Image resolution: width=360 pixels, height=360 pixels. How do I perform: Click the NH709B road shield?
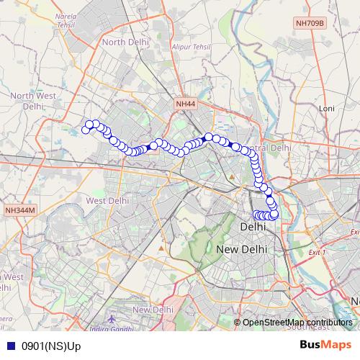pyautogui.click(x=310, y=24)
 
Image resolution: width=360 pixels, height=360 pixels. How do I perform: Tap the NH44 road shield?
pyautogui.click(x=185, y=104)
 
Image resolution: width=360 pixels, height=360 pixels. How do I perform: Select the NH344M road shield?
pyautogui.click(x=19, y=210)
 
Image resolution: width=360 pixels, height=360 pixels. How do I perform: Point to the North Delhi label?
pyautogui.click(x=125, y=42)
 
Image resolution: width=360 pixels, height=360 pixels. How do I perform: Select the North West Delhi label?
pyautogui.click(x=27, y=101)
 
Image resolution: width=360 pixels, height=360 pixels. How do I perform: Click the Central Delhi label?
pyautogui.click(x=276, y=147)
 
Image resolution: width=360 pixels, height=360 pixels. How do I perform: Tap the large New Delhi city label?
pyautogui.click(x=242, y=248)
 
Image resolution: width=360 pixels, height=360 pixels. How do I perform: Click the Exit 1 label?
pyautogui.click(x=317, y=253)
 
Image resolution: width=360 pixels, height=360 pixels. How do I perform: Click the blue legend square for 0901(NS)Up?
pyautogui.click(x=10, y=346)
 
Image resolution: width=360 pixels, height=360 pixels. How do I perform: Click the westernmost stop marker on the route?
pyautogui.click(x=86, y=130)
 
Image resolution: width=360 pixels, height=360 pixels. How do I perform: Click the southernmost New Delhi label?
pyautogui.click(x=152, y=309)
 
